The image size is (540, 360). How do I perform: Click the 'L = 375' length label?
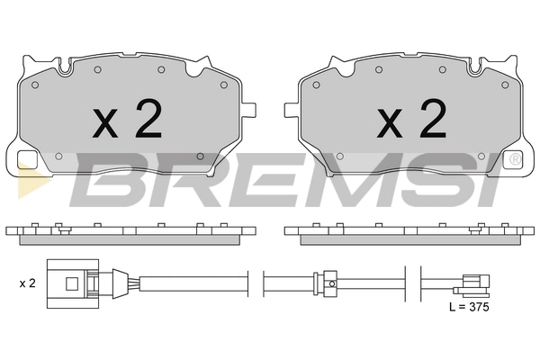coord(469,307)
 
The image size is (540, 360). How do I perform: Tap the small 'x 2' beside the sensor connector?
coord(28,283)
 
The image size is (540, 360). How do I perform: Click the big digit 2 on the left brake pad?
coord(148,118)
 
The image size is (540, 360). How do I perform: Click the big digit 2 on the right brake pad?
coord(433,118)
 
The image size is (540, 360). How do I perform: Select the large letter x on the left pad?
coord(105,122)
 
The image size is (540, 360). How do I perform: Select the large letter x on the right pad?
coord(391,122)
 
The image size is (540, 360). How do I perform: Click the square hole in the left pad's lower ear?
coord(27,160)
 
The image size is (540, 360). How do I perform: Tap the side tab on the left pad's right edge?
coord(249,109)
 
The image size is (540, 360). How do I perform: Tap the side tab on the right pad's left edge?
coord(292,109)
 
